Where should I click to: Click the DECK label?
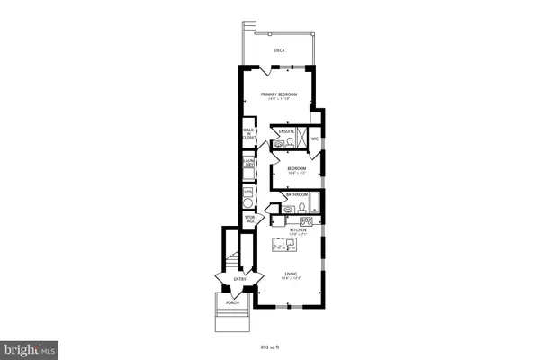pos(280,50)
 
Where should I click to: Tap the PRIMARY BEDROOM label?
pos(279,94)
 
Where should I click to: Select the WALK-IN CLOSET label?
pos(249,135)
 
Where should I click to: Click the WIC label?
pos(315,139)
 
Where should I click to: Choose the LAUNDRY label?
pos(249,164)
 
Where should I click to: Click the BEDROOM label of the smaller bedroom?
pos(297,168)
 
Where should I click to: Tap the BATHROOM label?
pos(297,194)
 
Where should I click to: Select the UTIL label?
pos(248,192)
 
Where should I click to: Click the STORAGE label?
pos(248,219)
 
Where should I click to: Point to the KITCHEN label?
pos(298,230)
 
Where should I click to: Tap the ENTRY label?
pos(239,279)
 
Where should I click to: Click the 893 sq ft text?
pos(269,345)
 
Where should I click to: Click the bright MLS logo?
pos(30,346)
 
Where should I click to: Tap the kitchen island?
pos(298,242)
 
